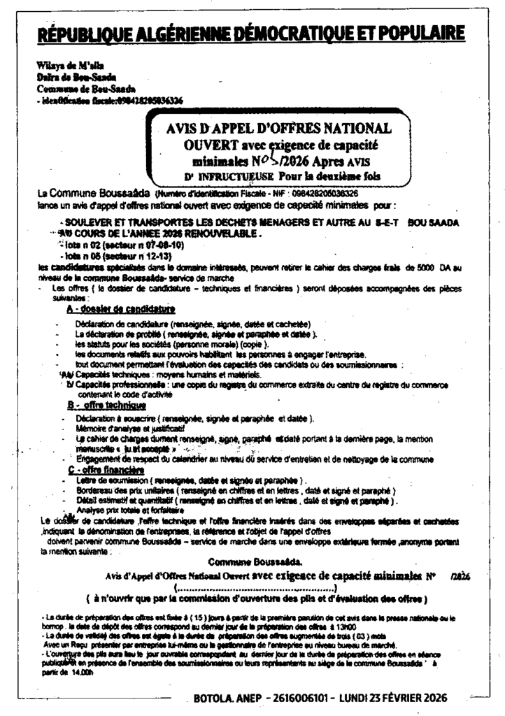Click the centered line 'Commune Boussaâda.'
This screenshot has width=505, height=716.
[x=255, y=561]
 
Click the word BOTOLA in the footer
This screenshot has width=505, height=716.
[x=217, y=697]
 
